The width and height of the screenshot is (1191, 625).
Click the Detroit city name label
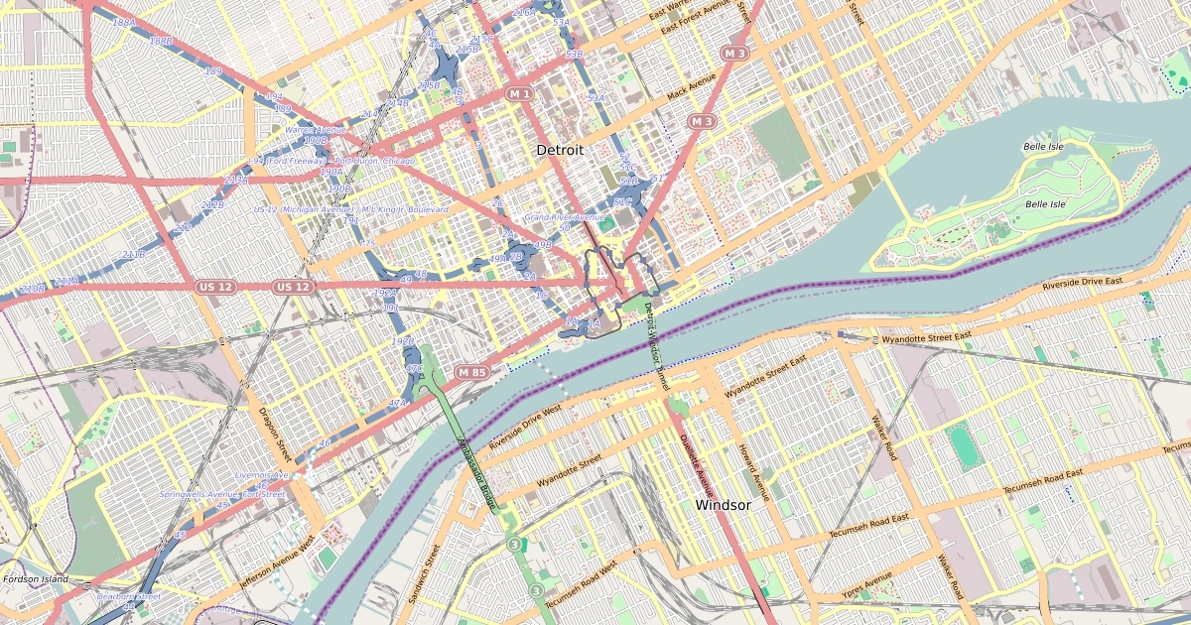[559, 149]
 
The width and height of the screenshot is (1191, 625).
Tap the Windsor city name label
[723, 505]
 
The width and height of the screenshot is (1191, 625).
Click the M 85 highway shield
[472, 372]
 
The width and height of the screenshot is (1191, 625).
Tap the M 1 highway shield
[519, 93]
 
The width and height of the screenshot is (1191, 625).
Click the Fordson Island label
[35, 578]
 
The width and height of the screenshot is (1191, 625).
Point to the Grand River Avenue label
[564, 217]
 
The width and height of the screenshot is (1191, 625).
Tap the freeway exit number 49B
[543, 244]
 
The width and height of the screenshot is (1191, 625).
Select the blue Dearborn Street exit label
[128, 596]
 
